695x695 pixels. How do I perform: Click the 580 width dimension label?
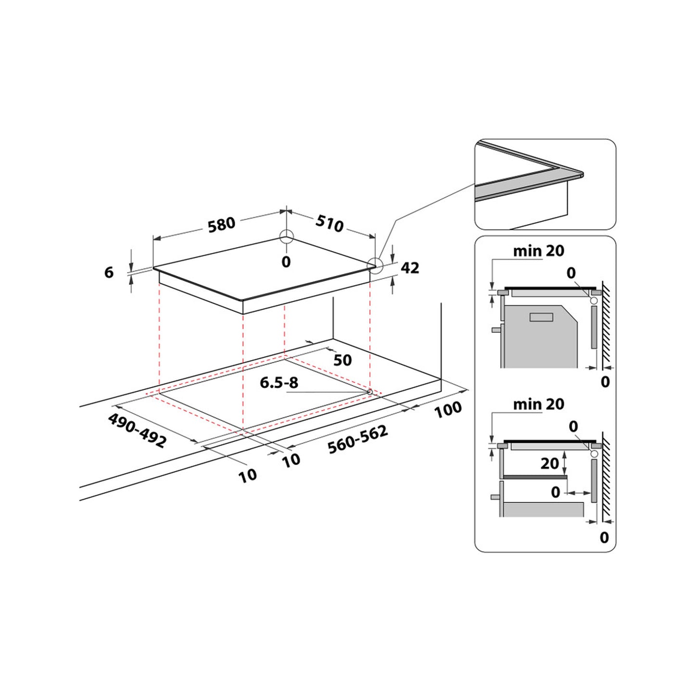pos(221,224)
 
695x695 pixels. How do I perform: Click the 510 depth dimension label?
pos(329,224)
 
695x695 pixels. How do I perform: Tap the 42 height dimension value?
pos(410,267)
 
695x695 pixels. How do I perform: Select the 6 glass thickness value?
pos(109,272)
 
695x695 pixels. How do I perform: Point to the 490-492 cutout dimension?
pos(137,430)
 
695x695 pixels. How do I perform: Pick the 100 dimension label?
pos(448,410)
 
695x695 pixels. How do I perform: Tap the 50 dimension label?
pos(342,360)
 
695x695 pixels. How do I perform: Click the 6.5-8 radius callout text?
pos(279,383)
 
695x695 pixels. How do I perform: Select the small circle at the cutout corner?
pos(369,392)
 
